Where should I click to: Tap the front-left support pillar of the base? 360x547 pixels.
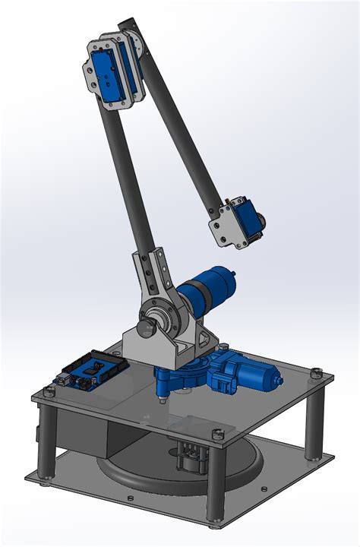pos(47,438)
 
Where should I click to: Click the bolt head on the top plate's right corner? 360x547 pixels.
pos(317,372)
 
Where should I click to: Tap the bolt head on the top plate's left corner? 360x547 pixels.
pos(50,392)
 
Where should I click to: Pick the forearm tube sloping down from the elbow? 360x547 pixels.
pos(182,129)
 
